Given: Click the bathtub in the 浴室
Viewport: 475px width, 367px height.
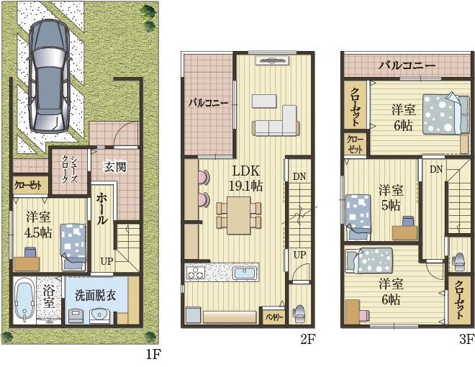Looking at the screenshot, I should pos(24,301).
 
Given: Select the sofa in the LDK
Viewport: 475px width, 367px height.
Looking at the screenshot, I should pos(276,122).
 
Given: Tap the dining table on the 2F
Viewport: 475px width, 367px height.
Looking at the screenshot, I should pos(238,214).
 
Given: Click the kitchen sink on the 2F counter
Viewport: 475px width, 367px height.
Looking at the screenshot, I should pos(245,274).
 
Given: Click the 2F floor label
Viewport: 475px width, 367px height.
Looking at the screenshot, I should pos(307,337).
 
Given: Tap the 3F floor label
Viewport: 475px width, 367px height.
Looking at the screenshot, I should pos(466,337).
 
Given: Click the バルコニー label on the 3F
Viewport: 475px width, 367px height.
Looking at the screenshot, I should pos(407,65).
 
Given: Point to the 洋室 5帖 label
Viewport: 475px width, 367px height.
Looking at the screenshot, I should pos(391,196).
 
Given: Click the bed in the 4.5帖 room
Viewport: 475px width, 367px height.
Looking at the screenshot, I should pos(72,243).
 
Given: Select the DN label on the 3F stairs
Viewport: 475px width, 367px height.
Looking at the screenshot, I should pos(436,169).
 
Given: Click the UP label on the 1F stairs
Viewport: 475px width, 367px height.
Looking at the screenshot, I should pos(107,260).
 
